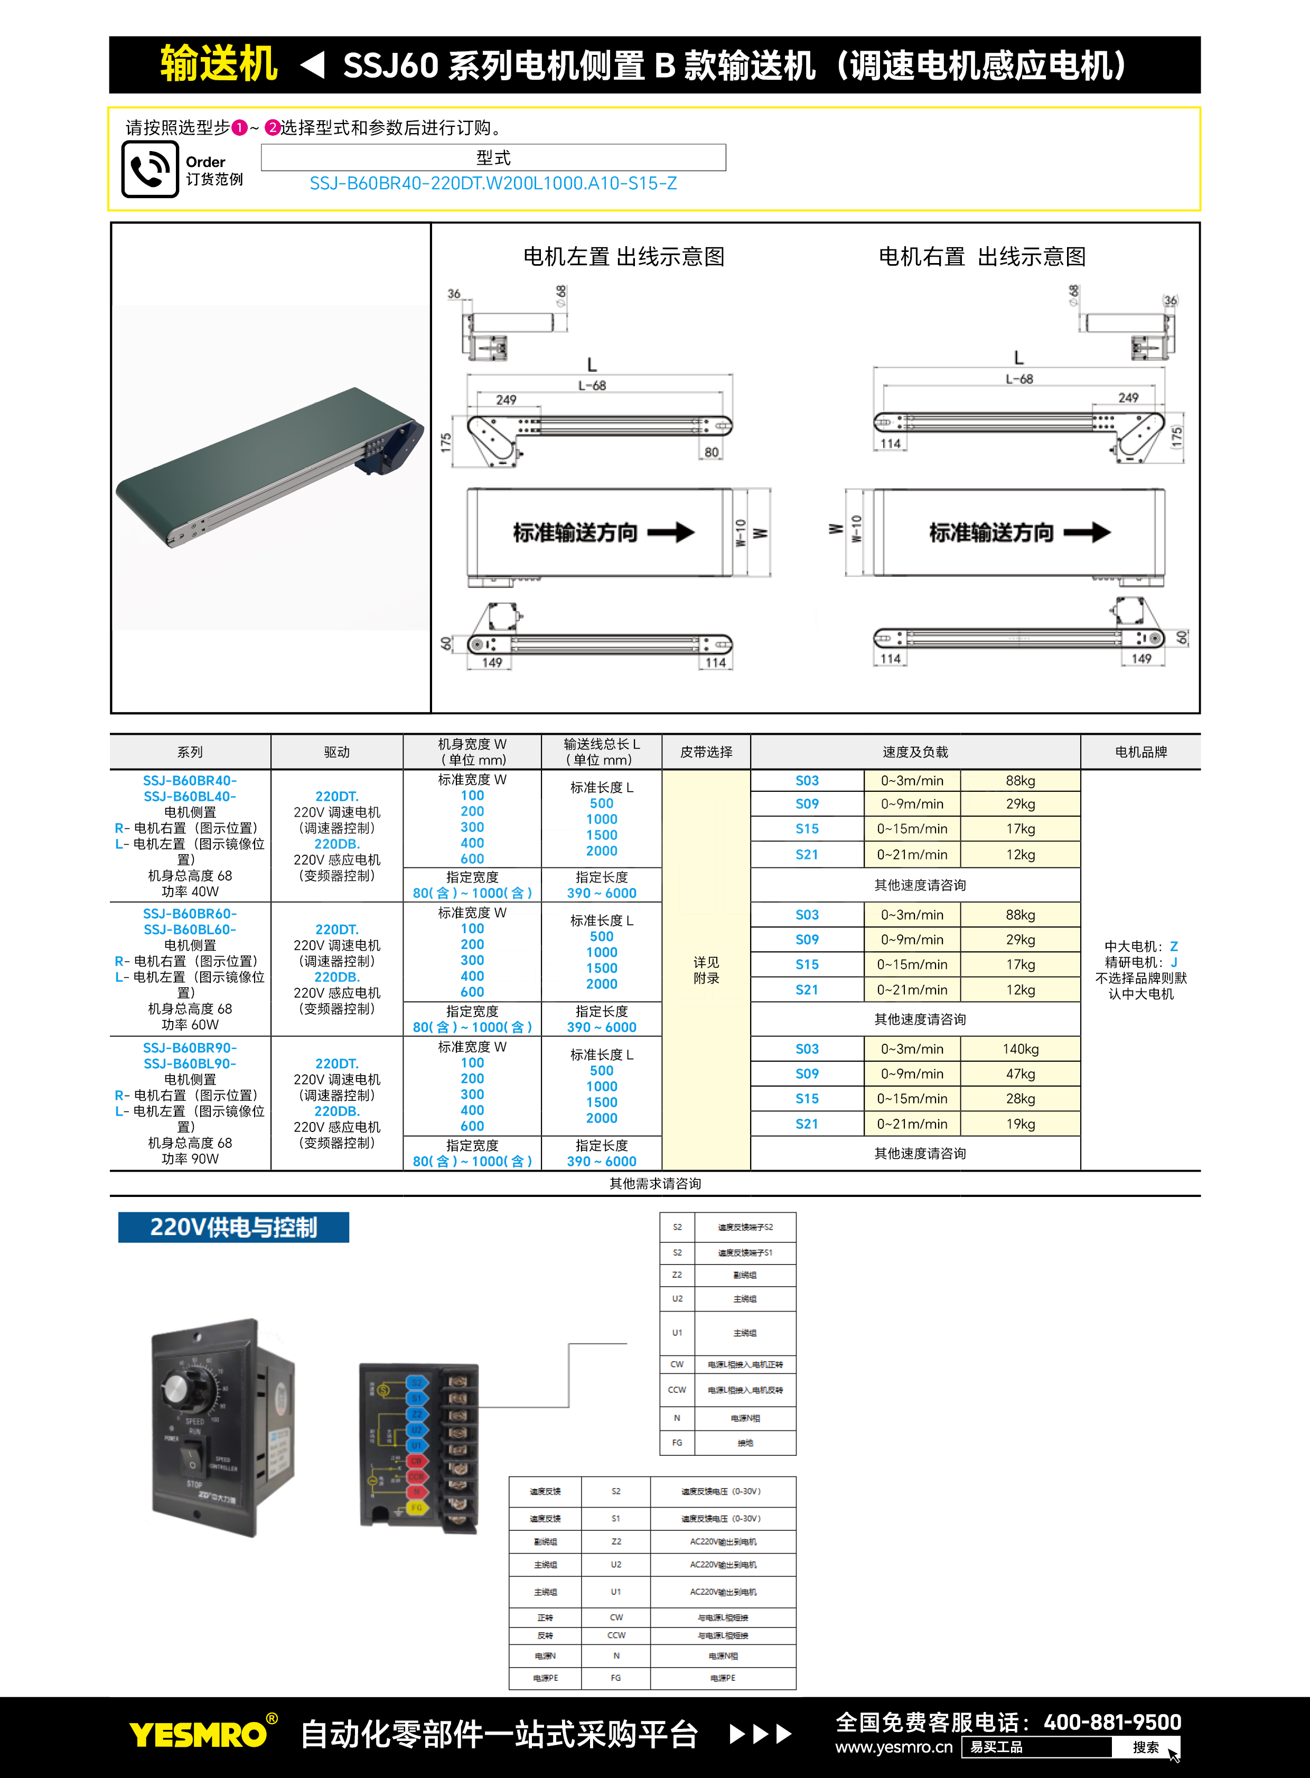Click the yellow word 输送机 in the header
pos(218,64)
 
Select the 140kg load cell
pos(1020,1049)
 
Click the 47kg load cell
pos(1020,1074)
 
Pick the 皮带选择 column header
pos(706,752)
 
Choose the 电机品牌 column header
pos(1140,752)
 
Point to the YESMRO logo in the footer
pos(198,1734)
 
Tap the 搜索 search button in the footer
pos(1145,1747)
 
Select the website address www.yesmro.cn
pos(894,1747)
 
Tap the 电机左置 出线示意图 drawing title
pos(623,257)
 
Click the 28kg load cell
pos(1020,1098)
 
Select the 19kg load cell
pos(1020,1124)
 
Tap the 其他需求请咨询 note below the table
pos(655,1183)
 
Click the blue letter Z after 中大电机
pos(1174,946)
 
